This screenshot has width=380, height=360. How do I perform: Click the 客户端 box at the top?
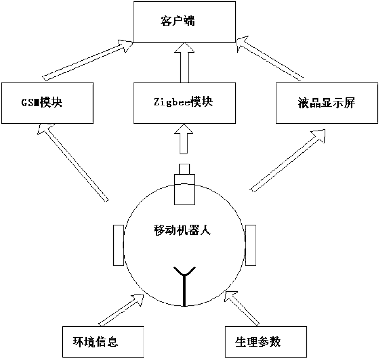(184, 21)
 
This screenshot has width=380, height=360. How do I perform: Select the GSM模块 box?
(47, 103)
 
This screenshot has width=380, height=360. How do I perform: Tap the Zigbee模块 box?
(184, 103)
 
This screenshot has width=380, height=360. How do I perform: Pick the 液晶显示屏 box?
(327, 103)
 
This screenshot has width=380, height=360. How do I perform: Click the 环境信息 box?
(103, 342)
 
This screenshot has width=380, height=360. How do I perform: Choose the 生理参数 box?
(265, 342)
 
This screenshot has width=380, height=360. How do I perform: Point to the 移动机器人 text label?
(182, 230)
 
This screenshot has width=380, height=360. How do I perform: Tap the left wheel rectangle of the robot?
(118, 245)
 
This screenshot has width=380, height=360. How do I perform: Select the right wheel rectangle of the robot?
(251, 245)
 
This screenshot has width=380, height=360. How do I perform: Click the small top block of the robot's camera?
(184, 169)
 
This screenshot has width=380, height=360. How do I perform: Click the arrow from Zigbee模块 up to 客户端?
(184, 63)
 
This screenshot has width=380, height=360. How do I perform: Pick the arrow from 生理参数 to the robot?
(242, 308)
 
